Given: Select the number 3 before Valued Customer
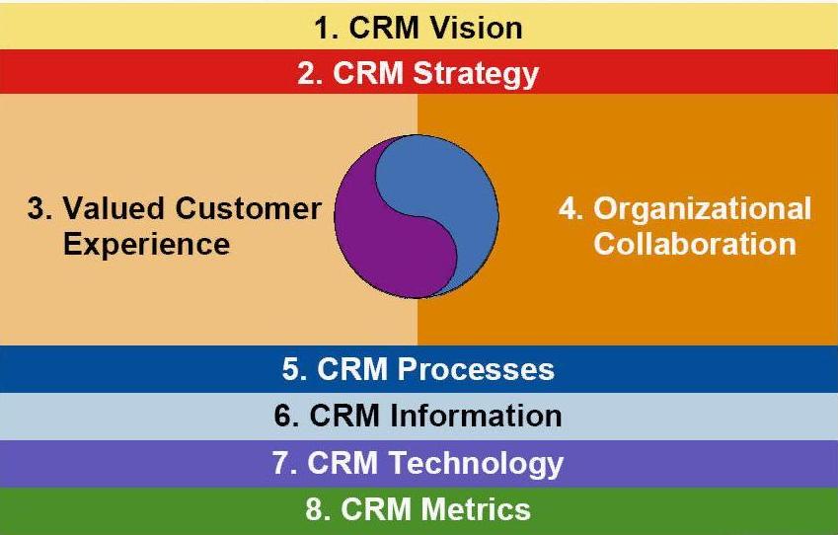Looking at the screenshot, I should click(x=37, y=208).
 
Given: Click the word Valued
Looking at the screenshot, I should click(x=108, y=208).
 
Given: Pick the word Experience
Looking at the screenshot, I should click(x=146, y=243).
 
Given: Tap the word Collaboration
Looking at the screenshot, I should click(x=695, y=243).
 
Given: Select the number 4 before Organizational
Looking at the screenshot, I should click(x=568, y=209).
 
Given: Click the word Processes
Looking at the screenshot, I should click(x=476, y=369).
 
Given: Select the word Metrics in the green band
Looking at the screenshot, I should click(x=476, y=509).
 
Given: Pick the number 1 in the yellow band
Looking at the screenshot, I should click(x=323, y=28).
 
